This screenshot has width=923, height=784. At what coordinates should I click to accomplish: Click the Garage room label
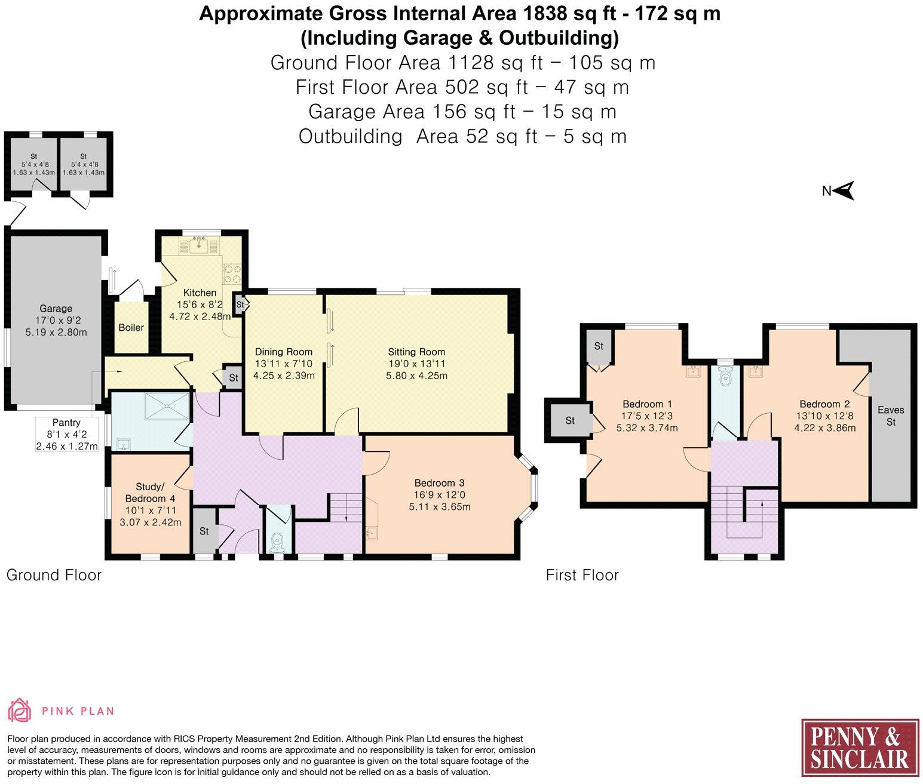[56, 309]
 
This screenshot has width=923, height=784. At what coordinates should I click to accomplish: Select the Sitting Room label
[416, 352]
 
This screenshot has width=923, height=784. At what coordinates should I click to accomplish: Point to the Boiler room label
[131, 327]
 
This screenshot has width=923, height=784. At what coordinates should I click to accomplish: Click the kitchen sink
[200, 244]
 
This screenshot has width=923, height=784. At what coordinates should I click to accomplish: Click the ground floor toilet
[277, 542]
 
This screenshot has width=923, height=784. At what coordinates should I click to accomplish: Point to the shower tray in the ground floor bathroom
[167, 406]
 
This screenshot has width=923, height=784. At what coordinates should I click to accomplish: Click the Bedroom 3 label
[440, 483]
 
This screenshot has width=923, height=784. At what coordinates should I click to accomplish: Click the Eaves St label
[891, 416]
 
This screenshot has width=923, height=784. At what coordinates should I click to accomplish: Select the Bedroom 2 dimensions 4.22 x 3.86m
[824, 428]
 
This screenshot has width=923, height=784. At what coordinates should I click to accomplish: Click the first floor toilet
[726, 378]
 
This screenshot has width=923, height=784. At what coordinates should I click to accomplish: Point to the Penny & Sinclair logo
[859, 749]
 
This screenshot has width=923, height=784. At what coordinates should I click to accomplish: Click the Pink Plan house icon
[20, 710]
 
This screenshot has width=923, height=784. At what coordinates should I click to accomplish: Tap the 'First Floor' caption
[582, 575]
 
